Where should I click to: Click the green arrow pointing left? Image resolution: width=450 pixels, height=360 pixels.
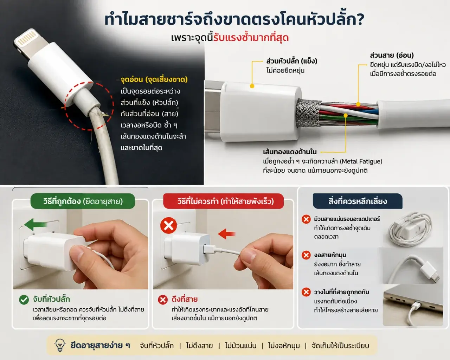coord(36,224)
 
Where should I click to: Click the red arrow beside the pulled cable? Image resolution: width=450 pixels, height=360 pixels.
coord(227,234)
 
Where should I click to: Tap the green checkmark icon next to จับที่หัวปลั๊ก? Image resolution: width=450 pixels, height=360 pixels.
coord(24,300)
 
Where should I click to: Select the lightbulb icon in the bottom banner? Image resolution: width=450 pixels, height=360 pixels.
coord(60,345)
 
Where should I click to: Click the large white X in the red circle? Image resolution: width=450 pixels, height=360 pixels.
coord(168,225)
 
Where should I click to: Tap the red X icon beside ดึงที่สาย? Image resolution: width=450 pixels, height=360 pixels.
coord(163,300)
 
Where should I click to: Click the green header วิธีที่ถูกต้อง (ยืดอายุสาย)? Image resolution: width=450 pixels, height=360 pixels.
coord(83,201)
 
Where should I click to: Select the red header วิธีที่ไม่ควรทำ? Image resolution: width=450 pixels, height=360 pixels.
coord(223,201)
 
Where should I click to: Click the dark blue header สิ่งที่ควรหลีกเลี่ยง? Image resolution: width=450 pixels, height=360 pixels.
coord(358,201)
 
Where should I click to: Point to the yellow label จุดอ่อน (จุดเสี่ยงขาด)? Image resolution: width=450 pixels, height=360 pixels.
coord(154,79)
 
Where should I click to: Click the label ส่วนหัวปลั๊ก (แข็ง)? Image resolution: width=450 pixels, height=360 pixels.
coord(292,61)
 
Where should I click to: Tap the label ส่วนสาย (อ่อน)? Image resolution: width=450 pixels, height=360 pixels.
coord(392,55)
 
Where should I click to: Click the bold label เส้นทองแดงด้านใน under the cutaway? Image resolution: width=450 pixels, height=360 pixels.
coord(290,152)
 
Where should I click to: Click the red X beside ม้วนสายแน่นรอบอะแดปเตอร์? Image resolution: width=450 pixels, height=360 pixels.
coord(306,219)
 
